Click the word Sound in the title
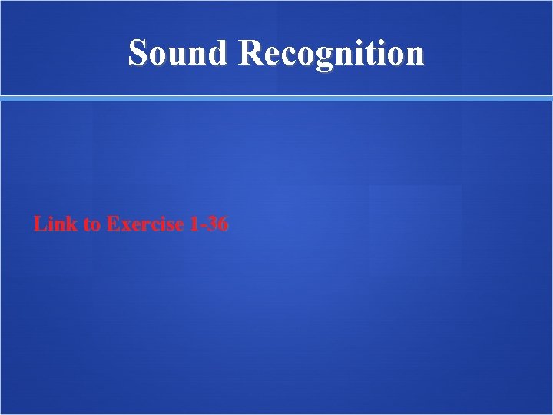178,53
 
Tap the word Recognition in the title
331,54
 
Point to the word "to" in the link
91,224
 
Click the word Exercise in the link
145,224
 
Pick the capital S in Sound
138,53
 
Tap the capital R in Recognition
250,53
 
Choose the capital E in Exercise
112,224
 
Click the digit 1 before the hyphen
194,224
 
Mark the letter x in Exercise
124,226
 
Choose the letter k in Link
71,224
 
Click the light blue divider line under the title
276,98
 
